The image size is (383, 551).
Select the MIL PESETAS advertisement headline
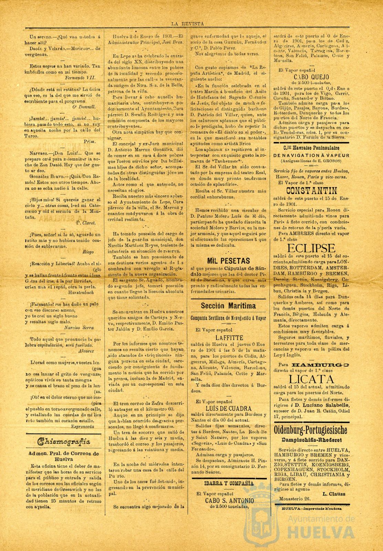pos(228,260)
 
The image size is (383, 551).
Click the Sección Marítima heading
pos(228,305)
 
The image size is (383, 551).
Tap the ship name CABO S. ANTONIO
pos(229,500)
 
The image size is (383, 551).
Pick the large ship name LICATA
pos(311,379)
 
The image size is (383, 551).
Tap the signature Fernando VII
pos(80,78)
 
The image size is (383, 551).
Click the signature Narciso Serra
pos(79,328)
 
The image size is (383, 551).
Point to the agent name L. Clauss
pos(334,493)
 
